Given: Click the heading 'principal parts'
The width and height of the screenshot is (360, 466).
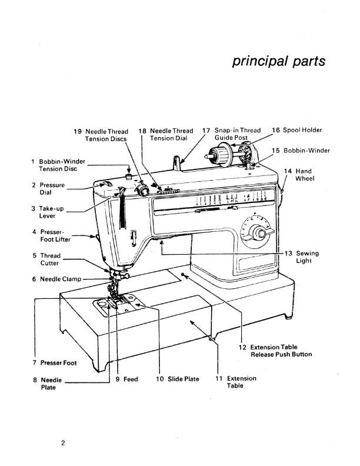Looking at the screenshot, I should (278, 62).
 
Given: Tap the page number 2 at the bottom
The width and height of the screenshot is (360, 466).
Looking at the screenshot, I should (63, 442).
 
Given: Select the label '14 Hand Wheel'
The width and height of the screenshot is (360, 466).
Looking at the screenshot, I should (301, 175).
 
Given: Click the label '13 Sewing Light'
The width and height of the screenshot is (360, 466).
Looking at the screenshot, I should (301, 257).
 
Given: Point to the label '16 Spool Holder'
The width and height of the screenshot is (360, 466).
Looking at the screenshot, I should (297, 130).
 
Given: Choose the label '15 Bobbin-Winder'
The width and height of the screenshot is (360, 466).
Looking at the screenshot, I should (301, 151).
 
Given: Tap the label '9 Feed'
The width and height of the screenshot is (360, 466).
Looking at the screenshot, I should (126, 379).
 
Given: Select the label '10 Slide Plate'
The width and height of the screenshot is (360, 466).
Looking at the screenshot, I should (178, 379).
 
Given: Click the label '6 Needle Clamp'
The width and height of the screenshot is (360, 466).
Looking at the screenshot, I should (57, 279).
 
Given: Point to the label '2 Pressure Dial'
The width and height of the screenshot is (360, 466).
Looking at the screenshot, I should (49, 188).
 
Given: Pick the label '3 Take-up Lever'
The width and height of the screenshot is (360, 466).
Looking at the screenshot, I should (47, 212).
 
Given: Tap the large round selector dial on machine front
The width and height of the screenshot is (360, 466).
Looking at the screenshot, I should (256, 234).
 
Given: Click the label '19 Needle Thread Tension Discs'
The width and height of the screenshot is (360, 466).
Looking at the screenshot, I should (105, 135).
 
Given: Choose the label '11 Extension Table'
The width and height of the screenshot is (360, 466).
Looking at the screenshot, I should (237, 382).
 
